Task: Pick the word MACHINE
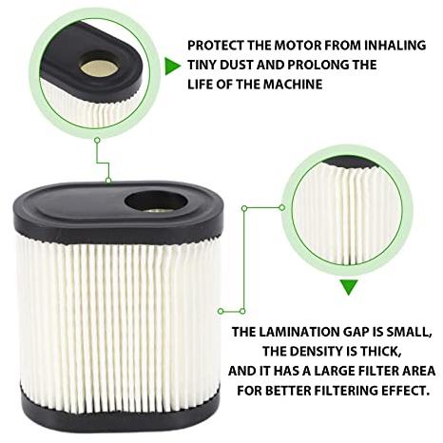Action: [293, 85]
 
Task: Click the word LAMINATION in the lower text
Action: [299, 332]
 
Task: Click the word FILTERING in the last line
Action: [346, 391]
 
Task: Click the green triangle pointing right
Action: [171, 67]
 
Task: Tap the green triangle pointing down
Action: [349, 287]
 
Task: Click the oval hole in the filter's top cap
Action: [155, 202]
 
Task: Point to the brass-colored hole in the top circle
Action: [99, 67]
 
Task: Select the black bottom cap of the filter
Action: [121, 412]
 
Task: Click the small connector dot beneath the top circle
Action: [98, 140]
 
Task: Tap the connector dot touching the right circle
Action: [282, 208]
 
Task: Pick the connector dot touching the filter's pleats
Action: [221, 311]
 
